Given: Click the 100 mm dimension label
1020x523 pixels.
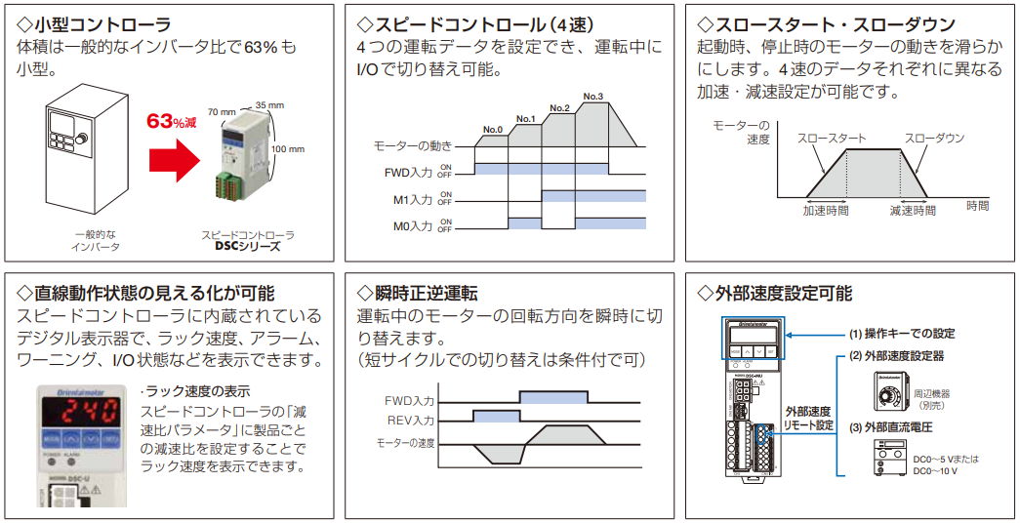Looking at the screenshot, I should [x=288, y=149].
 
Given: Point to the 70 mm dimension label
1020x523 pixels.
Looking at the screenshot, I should [x=221, y=112].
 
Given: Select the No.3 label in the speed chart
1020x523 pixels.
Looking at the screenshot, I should [x=592, y=96].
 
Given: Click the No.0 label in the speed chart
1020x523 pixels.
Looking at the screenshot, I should [x=493, y=129].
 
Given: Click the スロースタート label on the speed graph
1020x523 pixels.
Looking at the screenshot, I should [x=832, y=139].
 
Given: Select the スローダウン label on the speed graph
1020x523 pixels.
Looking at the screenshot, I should [x=934, y=139].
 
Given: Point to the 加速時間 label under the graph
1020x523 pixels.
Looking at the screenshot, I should [x=826, y=210].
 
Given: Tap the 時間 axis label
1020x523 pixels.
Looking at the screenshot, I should [x=977, y=206].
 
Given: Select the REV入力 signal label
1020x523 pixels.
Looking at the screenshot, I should [x=410, y=421].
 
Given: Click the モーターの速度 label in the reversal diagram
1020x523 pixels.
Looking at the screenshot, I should [x=406, y=444].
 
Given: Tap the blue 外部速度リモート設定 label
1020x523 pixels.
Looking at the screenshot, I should [x=808, y=418].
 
